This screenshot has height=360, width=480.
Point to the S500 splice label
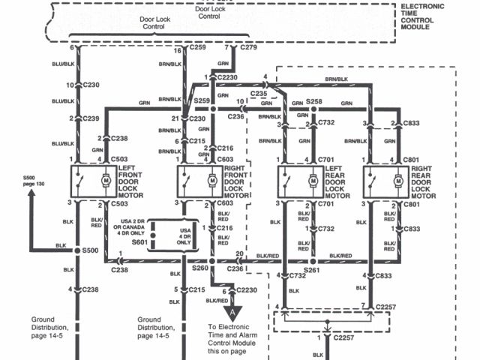pos(91,250)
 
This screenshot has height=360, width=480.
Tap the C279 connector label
pos(247,48)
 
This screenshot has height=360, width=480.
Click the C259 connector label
pos(198,48)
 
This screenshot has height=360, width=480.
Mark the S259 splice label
pos(201,100)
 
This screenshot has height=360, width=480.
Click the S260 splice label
pos(199,268)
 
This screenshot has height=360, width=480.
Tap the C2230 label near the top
pos(229,76)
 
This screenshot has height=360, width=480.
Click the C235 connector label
pos(258,93)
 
